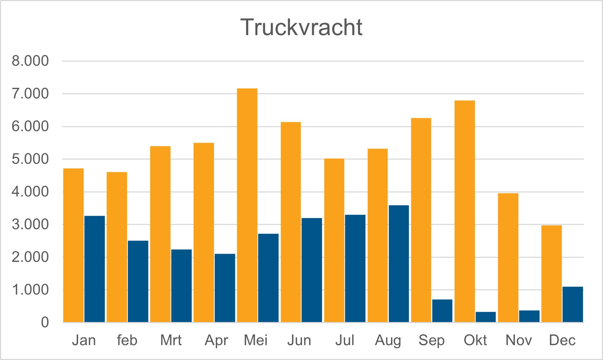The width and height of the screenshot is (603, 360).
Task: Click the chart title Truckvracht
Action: click(x=301, y=27)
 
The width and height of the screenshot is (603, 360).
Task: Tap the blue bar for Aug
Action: click(x=399, y=264)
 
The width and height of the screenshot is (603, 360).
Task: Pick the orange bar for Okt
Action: click(x=465, y=211)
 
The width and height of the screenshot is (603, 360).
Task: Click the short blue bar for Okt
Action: click(x=485, y=317)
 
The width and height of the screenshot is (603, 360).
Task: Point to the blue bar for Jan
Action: click(x=95, y=269)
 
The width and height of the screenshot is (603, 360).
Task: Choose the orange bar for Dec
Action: click(x=552, y=273)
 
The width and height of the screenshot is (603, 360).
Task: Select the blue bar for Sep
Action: click(x=442, y=311)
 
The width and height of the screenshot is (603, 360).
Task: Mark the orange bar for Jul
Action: click(x=334, y=240)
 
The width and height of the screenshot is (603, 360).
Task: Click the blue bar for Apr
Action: click(x=225, y=288)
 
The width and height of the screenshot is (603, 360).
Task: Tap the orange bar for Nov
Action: click(x=508, y=257)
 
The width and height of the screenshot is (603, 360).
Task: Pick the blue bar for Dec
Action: click(x=572, y=304)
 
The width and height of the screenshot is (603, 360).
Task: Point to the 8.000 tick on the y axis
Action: click(x=30, y=61)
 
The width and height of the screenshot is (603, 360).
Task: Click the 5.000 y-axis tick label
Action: click(x=30, y=159)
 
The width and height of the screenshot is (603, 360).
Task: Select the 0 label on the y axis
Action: click(x=45, y=322)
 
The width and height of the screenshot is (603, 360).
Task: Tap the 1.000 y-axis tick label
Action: click(x=30, y=290)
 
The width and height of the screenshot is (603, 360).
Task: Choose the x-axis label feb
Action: click(x=127, y=340)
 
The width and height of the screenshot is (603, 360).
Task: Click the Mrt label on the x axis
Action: click(x=171, y=340)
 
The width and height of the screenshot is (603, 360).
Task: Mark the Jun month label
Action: click(x=299, y=340)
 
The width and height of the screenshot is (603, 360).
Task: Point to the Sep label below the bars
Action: click(x=431, y=340)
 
